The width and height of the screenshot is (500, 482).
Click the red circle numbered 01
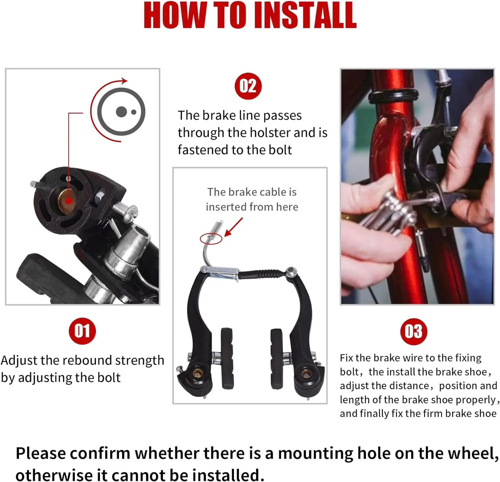click(x=82, y=331)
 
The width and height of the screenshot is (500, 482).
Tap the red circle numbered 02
click(x=248, y=86)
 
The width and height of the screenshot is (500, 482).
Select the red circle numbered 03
click(x=414, y=332)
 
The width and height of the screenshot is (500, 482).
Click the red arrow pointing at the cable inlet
click(x=233, y=227)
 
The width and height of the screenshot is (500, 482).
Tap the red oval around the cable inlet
click(x=211, y=238)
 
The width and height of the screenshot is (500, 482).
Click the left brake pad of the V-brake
click(x=227, y=358)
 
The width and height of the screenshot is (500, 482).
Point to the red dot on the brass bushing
click(x=69, y=201)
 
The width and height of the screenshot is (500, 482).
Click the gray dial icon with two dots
click(x=121, y=112)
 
